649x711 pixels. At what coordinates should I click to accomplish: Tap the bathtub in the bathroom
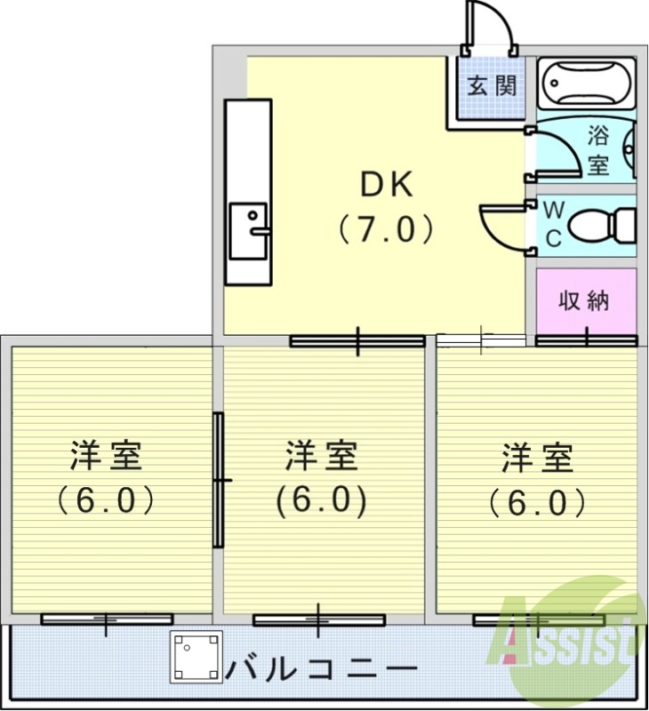click(x=587, y=83)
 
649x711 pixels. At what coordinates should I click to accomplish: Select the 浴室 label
click(x=598, y=150)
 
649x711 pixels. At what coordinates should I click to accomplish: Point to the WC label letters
click(x=553, y=224)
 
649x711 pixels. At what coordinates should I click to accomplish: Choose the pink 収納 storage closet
click(x=585, y=300)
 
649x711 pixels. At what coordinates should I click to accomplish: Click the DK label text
click(x=386, y=186)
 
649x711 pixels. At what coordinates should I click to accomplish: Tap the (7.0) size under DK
click(x=386, y=230)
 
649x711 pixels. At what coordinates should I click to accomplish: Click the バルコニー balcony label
click(x=320, y=667)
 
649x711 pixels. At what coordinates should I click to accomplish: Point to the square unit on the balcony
click(x=196, y=658)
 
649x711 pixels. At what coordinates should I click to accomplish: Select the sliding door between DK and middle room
click(x=357, y=340)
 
